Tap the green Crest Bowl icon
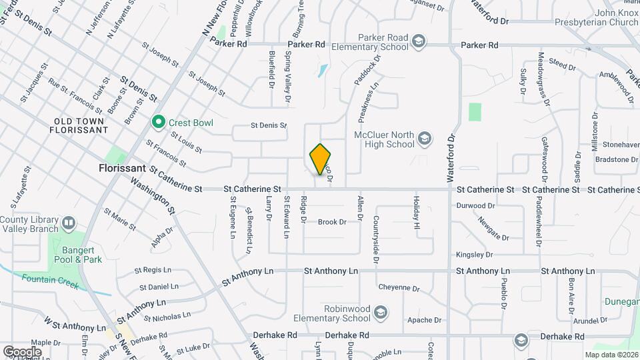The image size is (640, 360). (159, 122)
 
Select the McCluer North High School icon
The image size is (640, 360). (424, 139)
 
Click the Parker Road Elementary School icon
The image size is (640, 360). (417, 42)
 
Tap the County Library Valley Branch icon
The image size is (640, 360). (68, 222)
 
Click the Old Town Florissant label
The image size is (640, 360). (79, 126)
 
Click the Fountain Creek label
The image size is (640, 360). (49, 282)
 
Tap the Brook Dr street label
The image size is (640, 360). (331, 222)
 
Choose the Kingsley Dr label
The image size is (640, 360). (474, 255)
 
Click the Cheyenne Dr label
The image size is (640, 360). (399, 289)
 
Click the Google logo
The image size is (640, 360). (22, 351)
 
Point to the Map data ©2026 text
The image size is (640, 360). (611, 355)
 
